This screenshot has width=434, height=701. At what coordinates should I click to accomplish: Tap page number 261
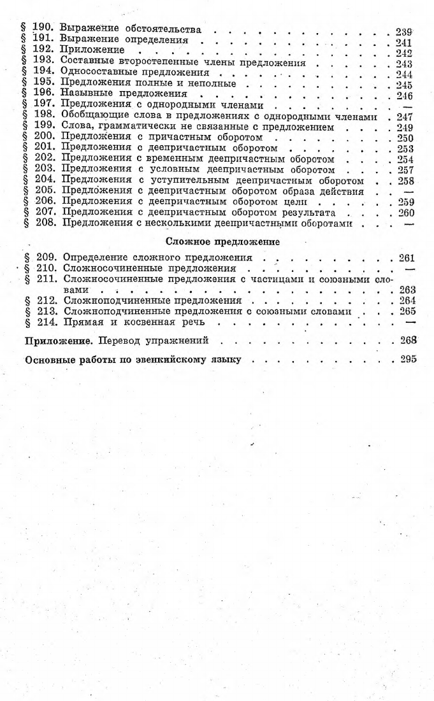(405, 258)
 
